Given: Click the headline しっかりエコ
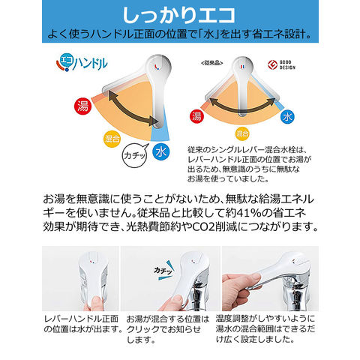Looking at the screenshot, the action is [179, 16].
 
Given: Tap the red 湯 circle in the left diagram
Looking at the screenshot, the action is [82, 106].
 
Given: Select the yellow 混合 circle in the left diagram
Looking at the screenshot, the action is [112, 139].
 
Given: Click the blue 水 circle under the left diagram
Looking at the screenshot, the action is [160, 151].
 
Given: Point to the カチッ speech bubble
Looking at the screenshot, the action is [135, 156].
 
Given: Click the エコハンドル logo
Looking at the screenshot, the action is [82, 62].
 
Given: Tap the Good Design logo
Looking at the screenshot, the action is [281, 65].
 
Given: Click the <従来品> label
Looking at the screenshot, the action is [211, 63].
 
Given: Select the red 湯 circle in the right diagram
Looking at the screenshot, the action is [196, 116].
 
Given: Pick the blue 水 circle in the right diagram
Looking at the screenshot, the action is [287, 117].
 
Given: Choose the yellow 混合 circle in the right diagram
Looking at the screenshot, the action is [242, 133].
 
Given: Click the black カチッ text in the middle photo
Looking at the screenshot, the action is [163, 271].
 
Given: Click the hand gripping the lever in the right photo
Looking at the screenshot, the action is [241, 291].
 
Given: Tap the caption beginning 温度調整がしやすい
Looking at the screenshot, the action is [265, 329].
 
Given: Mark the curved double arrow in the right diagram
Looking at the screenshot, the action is [242, 105].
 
